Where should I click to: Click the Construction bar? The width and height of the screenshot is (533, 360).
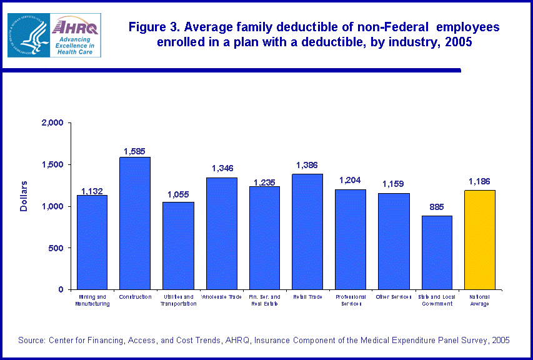click(135, 223)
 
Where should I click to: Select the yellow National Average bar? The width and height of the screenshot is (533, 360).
click(480, 240)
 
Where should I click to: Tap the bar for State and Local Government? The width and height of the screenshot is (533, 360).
click(437, 252)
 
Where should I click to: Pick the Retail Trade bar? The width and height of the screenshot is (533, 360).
click(307, 232)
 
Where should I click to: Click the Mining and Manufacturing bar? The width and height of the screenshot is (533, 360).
click(92, 242)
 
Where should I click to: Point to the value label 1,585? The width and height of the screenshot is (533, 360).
click(134, 151)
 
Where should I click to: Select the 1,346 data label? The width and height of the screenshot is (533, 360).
click(222, 168)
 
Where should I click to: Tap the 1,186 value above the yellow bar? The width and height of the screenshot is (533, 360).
click(480, 182)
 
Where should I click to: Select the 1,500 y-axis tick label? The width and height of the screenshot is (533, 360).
click(55, 164)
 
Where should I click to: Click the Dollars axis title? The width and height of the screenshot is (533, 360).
click(24, 196)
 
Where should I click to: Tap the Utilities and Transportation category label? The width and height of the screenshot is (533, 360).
click(178, 300)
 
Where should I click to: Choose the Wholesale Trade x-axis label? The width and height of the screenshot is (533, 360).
click(221, 296)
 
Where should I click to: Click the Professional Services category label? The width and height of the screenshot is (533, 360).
click(351, 300)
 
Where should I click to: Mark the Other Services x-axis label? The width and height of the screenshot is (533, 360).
click(394, 296)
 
